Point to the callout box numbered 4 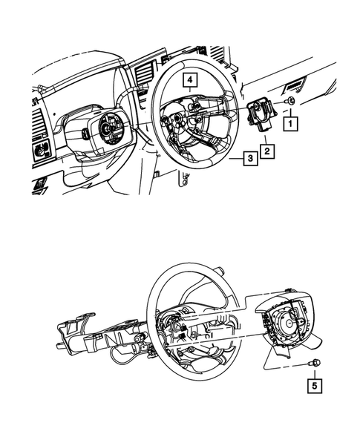190,79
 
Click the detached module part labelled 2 261,116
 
